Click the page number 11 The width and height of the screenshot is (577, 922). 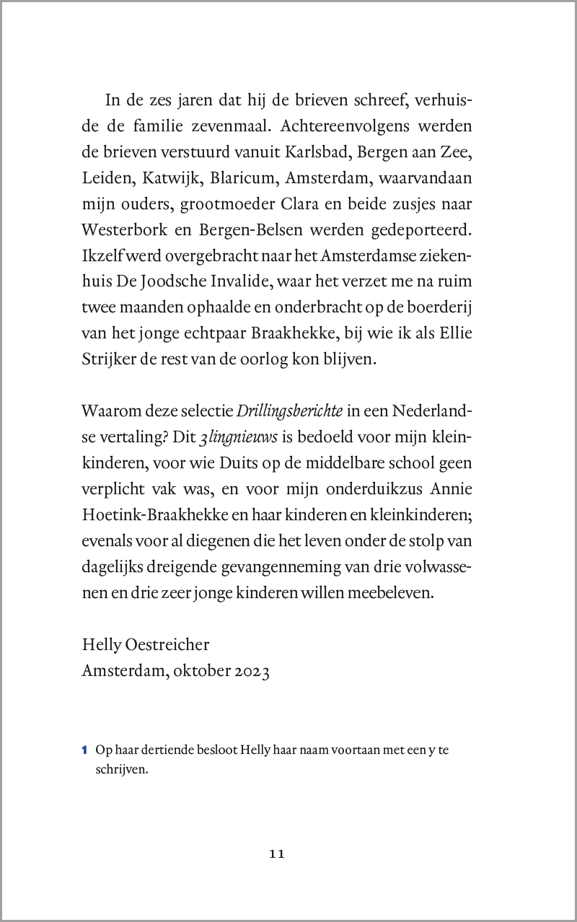point(278,854)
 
